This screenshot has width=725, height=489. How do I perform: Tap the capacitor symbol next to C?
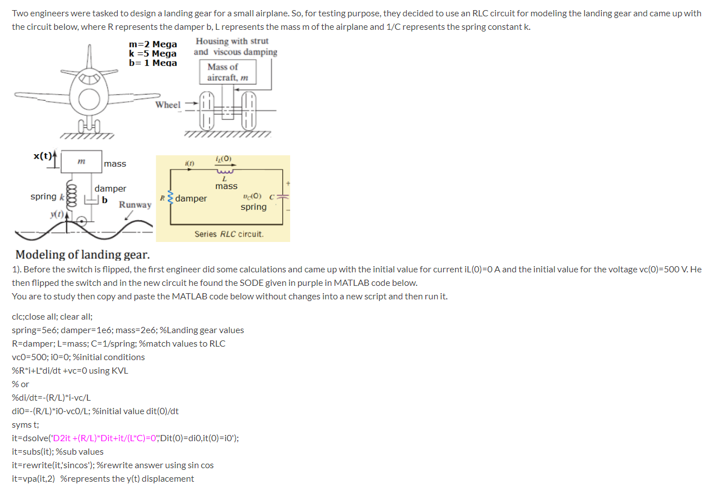click(x=283, y=197)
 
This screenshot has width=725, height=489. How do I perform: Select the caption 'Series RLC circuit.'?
click(x=229, y=234)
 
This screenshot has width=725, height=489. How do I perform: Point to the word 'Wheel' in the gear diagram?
click(x=168, y=105)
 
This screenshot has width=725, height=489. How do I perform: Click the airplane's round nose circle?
click(x=89, y=100)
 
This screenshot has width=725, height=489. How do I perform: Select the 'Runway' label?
click(x=135, y=205)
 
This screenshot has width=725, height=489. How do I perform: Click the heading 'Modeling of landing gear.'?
click(x=82, y=255)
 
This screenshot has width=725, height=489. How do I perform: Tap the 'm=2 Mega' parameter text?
click(x=153, y=44)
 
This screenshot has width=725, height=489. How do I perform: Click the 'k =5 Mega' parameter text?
click(x=153, y=53)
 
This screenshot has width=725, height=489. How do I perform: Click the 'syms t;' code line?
click(x=25, y=424)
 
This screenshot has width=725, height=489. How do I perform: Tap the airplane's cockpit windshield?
click(x=89, y=78)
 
